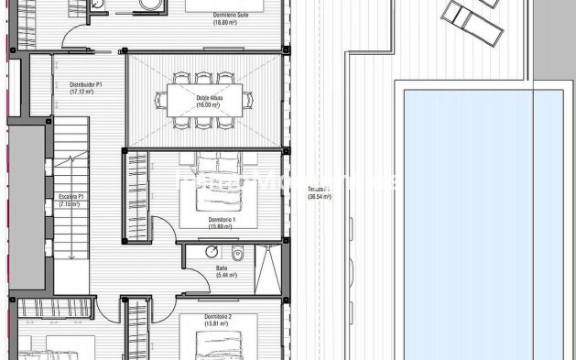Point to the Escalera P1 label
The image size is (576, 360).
click(x=71, y=196)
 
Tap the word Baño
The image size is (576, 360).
click(x=222, y=267)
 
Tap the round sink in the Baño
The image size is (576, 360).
click(x=212, y=253)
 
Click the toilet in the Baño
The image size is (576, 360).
click(x=237, y=254)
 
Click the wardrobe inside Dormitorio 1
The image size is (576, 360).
click(x=136, y=192)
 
